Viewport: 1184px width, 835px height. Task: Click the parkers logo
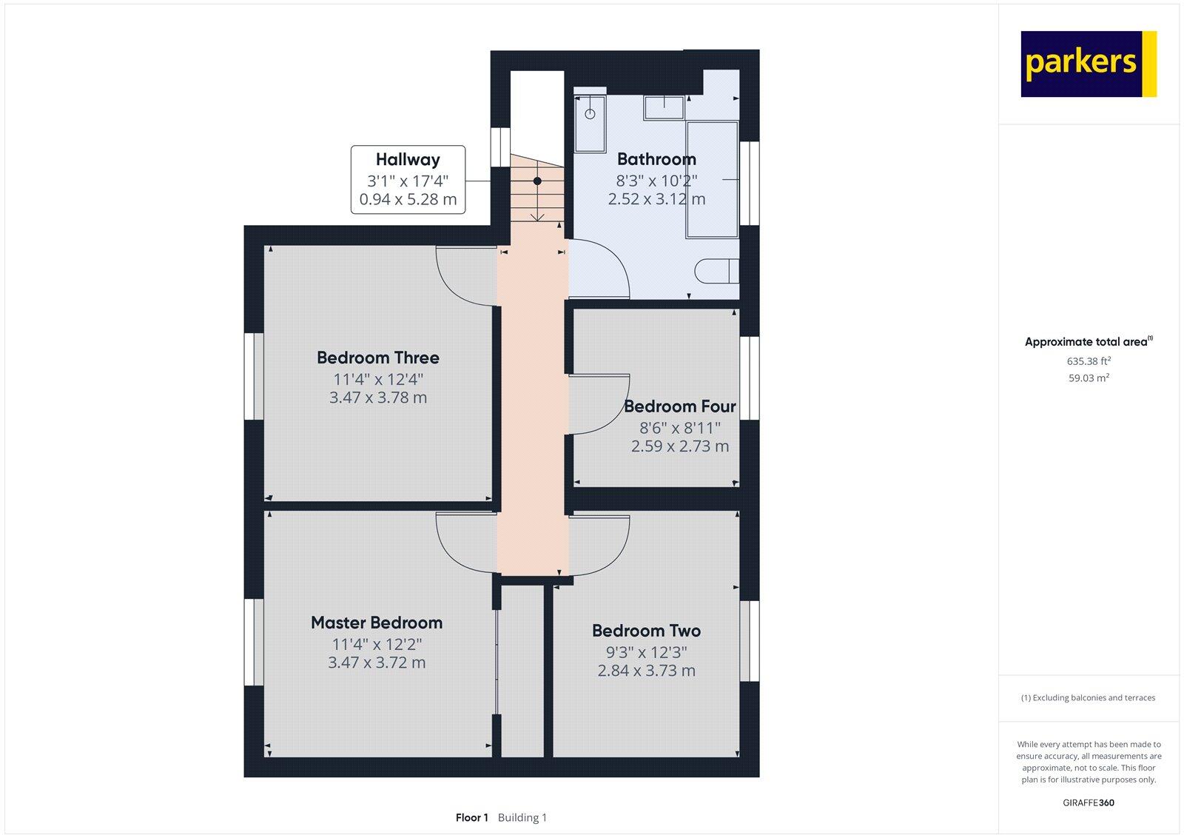coord(1088,64)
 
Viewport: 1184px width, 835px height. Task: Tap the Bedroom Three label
coord(377,358)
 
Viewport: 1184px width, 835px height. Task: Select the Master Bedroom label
coord(376,623)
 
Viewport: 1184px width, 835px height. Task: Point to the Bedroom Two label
coord(646,631)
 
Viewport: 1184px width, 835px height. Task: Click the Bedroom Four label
coord(679,406)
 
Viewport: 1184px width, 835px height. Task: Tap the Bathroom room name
coord(656,159)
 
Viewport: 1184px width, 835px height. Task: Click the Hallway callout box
coord(408,180)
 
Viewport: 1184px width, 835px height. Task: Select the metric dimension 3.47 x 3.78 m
coord(377,398)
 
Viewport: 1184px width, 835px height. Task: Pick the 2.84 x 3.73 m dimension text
coord(646,671)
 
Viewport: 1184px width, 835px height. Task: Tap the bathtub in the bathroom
coord(712,179)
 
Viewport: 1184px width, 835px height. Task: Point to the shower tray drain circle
coord(590,114)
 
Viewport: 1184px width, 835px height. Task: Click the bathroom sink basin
coord(664,108)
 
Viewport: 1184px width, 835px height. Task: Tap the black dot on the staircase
coord(537,181)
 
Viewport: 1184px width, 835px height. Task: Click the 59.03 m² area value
coord(1087,378)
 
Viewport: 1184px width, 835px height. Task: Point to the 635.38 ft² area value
coord(1088,361)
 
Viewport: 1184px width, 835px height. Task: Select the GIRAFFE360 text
coord(1088,802)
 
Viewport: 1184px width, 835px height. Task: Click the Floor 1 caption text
coord(471,818)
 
